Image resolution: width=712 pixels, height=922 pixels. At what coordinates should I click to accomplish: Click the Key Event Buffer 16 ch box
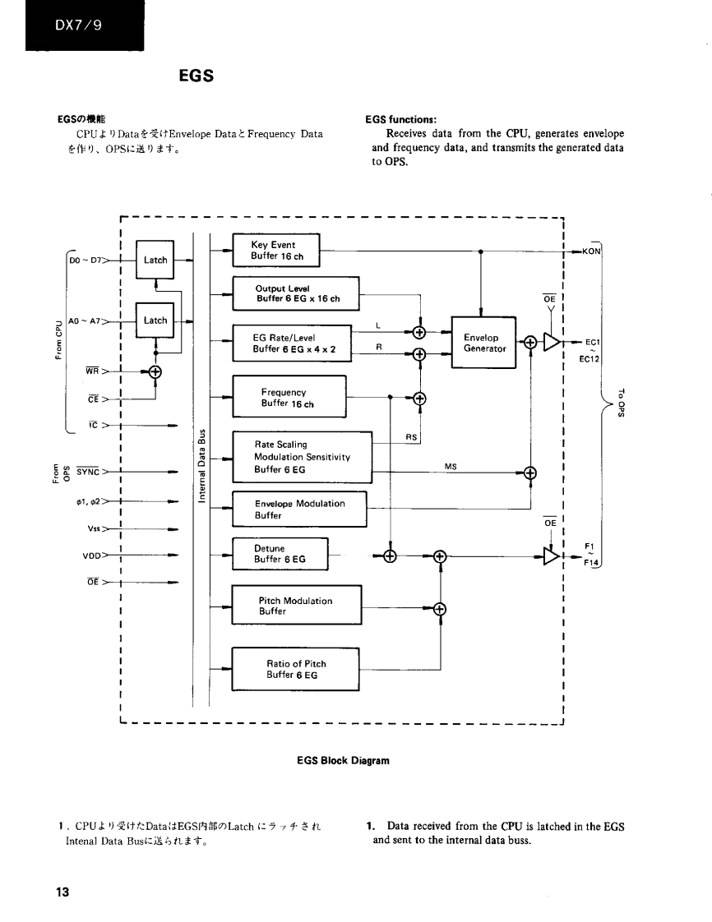tap(276, 250)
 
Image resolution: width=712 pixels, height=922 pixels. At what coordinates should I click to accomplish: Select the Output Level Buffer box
tap(297, 293)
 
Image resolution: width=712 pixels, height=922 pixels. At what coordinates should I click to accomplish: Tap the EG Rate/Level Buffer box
tap(291, 343)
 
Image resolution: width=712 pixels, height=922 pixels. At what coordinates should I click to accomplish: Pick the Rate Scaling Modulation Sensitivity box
tap(302, 457)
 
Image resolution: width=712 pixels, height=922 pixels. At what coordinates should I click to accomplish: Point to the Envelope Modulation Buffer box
tap(299, 509)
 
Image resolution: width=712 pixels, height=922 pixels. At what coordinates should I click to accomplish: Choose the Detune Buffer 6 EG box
tap(280, 553)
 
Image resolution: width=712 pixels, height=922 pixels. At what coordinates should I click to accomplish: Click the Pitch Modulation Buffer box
tap(297, 606)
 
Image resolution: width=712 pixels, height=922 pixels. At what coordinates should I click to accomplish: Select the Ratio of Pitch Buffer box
tap(297, 669)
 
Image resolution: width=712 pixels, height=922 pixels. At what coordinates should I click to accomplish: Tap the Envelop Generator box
tap(483, 343)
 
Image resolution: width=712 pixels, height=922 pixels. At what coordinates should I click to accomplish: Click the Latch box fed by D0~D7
tap(155, 260)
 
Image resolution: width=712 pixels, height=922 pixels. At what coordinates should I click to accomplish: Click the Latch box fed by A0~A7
tap(155, 320)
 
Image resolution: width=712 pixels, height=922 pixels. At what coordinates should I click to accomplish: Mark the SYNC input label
tap(88, 472)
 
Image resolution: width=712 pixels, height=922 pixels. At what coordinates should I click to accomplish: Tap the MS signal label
tap(451, 466)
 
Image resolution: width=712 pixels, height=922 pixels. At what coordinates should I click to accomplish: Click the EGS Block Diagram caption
tap(343, 760)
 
